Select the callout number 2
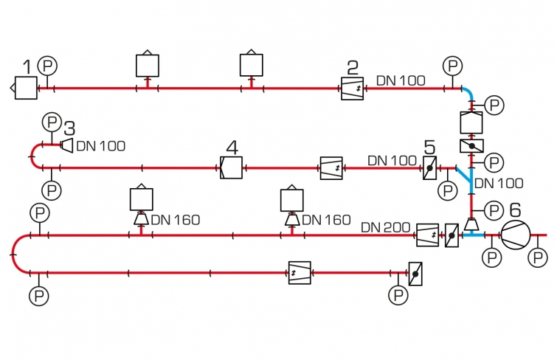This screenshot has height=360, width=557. (x=353, y=69)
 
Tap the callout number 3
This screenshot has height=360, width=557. (x=70, y=128)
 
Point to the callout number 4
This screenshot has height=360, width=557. (x=232, y=148)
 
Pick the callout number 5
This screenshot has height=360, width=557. (x=429, y=147)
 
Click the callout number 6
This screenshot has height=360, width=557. (x=515, y=210)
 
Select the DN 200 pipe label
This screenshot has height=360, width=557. (x=385, y=229)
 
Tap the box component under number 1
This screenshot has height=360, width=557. (x=26, y=89)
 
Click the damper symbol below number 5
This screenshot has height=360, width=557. (x=429, y=169)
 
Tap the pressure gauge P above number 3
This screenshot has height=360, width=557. (x=51, y=120)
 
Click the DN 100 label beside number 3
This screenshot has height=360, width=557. (x=101, y=146)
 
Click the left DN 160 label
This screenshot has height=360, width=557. (x=176, y=220)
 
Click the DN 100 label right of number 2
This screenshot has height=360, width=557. (x=401, y=80)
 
